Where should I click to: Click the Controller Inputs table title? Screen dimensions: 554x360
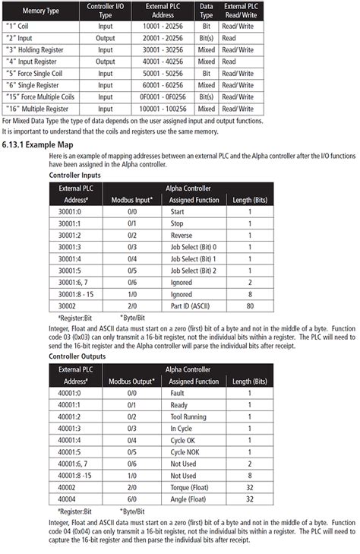tap(75, 175)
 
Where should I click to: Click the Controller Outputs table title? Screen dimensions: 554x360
tap(77, 356)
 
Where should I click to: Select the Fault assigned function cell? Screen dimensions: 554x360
tap(178, 393)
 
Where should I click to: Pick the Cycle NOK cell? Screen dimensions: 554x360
tap(187, 453)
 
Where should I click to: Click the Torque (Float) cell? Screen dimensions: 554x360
tap(191, 488)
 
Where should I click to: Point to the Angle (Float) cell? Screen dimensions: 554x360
tap(189, 499)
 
